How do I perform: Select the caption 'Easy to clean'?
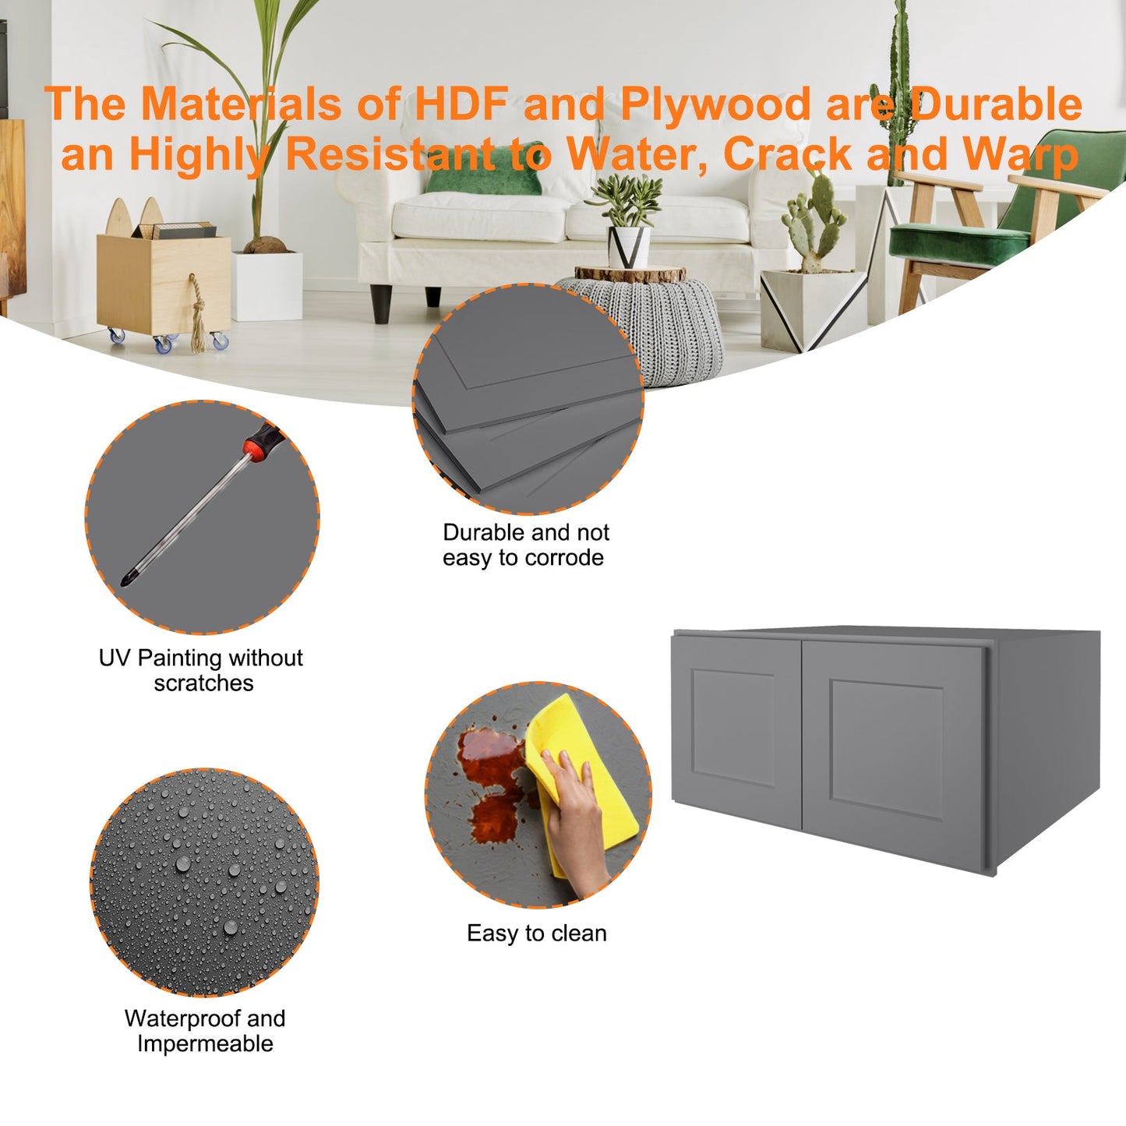click(x=536, y=934)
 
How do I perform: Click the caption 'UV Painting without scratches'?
click(x=201, y=670)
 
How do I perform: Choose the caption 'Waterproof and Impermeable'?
click(x=205, y=1031)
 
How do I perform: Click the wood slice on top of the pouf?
click(x=630, y=274)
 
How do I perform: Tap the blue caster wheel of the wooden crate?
click(x=163, y=344)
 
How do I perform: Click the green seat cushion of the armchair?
click(x=958, y=242)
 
